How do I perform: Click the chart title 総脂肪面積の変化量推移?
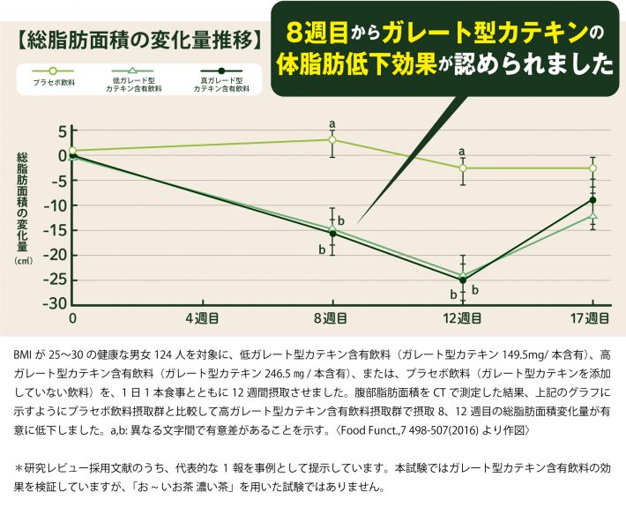click(140, 41)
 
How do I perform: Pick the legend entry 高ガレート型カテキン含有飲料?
click(221, 85)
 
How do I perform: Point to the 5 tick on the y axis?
click(61, 131)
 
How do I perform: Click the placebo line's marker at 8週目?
click(332, 139)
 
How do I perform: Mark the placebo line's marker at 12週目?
click(463, 168)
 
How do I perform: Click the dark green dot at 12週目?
click(463, 280)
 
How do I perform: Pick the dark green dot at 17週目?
click(593, 199)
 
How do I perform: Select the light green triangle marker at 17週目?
click(593, 215)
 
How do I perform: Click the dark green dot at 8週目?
click(332, 234)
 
